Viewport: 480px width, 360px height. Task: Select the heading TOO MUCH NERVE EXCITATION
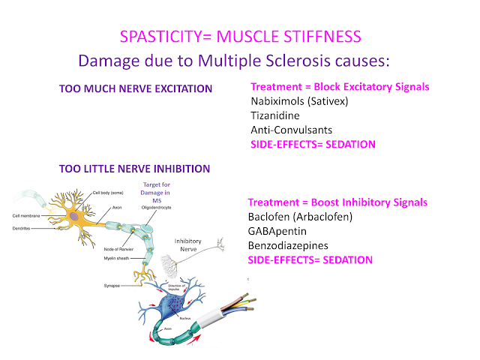tap(135, 89)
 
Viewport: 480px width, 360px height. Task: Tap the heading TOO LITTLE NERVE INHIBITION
tap(134, 169)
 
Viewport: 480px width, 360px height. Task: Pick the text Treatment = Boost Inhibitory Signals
tap(337, 202)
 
